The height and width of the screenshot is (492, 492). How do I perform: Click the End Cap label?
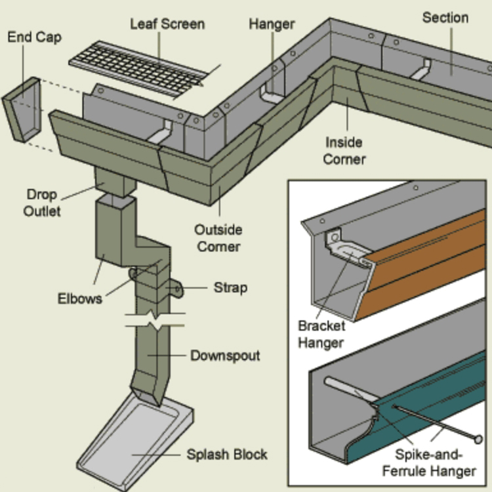(x=34, y=36)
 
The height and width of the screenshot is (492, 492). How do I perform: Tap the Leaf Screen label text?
(x=167, y=24)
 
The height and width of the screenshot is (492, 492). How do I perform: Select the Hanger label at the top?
(x=272, y=24)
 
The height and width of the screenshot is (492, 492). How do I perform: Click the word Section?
(x=445, y=17)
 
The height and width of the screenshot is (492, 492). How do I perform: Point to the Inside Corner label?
(x=344, y=150)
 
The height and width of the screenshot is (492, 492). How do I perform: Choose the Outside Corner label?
(x=218, y=238)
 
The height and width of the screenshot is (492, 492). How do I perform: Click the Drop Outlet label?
(x=42, y=203)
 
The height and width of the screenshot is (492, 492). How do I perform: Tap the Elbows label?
(x=80, y=298)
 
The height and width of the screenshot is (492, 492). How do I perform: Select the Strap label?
(x=230, y=288)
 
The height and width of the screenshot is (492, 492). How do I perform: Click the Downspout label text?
(x=225, y=356)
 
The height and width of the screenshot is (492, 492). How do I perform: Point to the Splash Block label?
(x=227, y=454)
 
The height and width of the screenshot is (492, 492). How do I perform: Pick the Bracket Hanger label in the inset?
(x=321, y=334)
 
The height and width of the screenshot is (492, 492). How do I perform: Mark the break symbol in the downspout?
(x=155, y=323)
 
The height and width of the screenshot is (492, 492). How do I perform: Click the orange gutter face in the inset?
(x=426, y=262)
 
